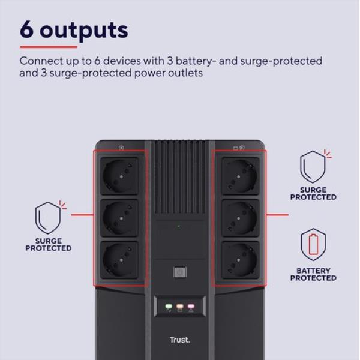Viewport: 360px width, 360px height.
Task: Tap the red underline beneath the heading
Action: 49,47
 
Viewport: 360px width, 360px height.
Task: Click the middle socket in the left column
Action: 120,218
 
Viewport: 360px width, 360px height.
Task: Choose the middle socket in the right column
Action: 241,218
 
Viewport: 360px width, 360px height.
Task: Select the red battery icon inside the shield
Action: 313,244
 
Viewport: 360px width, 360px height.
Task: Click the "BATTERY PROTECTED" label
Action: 313,274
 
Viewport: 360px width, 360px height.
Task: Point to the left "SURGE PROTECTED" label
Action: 48,245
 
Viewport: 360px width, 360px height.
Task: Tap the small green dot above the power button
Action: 179,226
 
